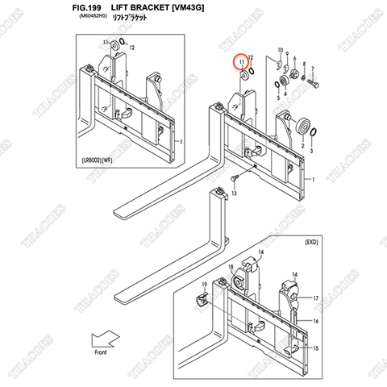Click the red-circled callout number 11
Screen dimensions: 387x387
[x=240, y=61]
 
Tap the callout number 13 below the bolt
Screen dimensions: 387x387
[x=234, y=194]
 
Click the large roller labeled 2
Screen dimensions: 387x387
[x=304, y=127]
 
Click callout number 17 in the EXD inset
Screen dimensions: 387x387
[x=315, y=298]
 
